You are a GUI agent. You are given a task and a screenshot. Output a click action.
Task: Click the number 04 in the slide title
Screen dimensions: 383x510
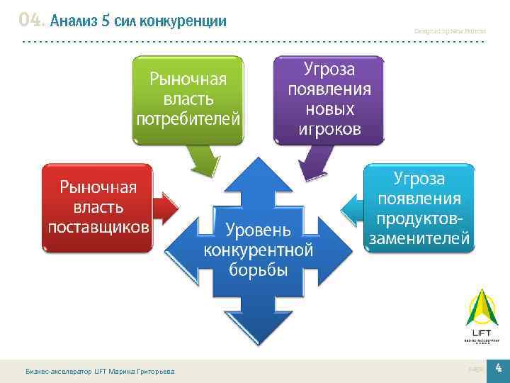(32, 20)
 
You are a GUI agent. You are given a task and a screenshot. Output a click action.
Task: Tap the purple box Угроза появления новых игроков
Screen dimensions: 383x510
(329, 99)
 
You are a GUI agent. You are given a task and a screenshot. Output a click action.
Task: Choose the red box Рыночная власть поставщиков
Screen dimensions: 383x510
(98, 206)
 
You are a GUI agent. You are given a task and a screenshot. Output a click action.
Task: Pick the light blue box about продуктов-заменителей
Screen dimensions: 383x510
(419, 207)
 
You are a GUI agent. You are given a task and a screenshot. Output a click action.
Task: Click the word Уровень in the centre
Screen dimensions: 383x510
(258, 229)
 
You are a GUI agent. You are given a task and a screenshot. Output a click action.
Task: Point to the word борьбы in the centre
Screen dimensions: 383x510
(258, 270)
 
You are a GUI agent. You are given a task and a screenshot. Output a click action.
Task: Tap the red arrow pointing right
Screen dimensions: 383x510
(167, 208)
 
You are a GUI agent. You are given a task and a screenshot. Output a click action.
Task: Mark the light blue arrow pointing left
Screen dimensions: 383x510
(352, 207)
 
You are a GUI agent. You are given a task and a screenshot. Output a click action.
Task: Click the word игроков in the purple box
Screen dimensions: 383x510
(329, 129)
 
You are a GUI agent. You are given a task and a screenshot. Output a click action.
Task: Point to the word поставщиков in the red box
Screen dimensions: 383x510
(98, 227)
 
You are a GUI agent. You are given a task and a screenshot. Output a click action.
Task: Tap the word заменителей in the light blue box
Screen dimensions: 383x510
(419, 238)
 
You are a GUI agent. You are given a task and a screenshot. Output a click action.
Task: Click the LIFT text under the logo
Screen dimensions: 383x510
(481, 333)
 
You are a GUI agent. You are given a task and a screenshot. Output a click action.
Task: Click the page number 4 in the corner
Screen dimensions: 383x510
(498, 367)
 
